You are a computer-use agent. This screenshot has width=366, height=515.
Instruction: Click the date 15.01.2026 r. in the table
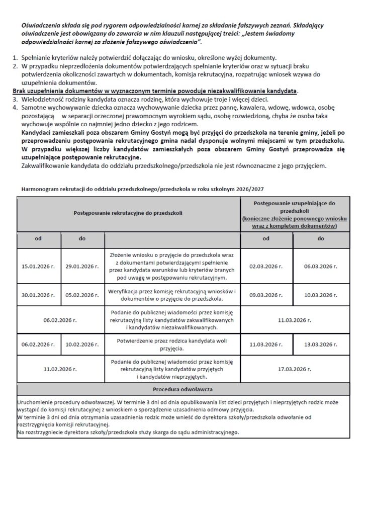(38, 265)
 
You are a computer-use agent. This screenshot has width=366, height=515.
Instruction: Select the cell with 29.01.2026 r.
(82, 265)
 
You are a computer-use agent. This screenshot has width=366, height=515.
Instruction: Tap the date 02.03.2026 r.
(267, 265)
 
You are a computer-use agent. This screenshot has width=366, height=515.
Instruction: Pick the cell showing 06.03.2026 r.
(320, 265)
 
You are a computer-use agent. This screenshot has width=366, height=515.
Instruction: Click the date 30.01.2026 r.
(38, 295)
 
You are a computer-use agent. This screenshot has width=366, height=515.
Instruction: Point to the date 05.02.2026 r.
(82, 295)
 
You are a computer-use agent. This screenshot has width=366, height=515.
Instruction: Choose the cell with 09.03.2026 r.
(267, 295)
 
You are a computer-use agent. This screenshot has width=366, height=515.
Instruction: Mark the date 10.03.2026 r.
(320, 295)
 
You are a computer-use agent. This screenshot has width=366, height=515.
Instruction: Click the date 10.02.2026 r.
(82, 345)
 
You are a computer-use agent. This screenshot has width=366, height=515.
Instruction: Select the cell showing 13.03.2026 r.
(320, 345)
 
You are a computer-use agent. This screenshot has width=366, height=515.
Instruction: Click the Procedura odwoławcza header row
(183, 389)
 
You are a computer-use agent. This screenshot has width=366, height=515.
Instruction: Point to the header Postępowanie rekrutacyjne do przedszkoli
(128, 213)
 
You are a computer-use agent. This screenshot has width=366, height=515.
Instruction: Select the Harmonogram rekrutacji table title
(141, 188)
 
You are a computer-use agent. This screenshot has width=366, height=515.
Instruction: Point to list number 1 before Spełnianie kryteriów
(15, 58)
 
